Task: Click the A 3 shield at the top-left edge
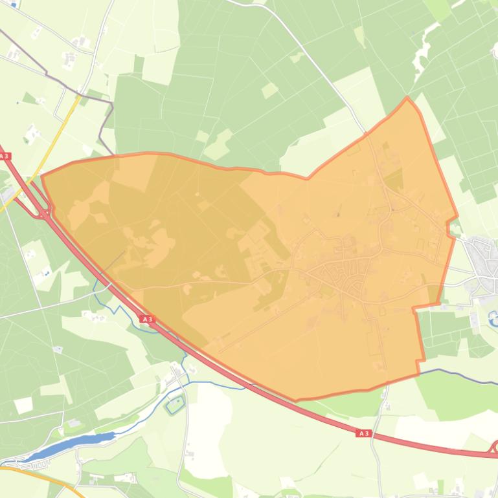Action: pyautogui.click(x=5, y=156)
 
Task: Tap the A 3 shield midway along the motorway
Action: pyautogui.click(x=147, y=319)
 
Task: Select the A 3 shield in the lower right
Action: pyautogui.click(x=363, y=433)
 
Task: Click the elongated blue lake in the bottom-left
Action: pyautogui.click(x=71, y=444)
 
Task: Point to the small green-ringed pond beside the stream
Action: pyautogui.click(x=174, y=406)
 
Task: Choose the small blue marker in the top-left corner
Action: pyautogui.click(x=14, y=5)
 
